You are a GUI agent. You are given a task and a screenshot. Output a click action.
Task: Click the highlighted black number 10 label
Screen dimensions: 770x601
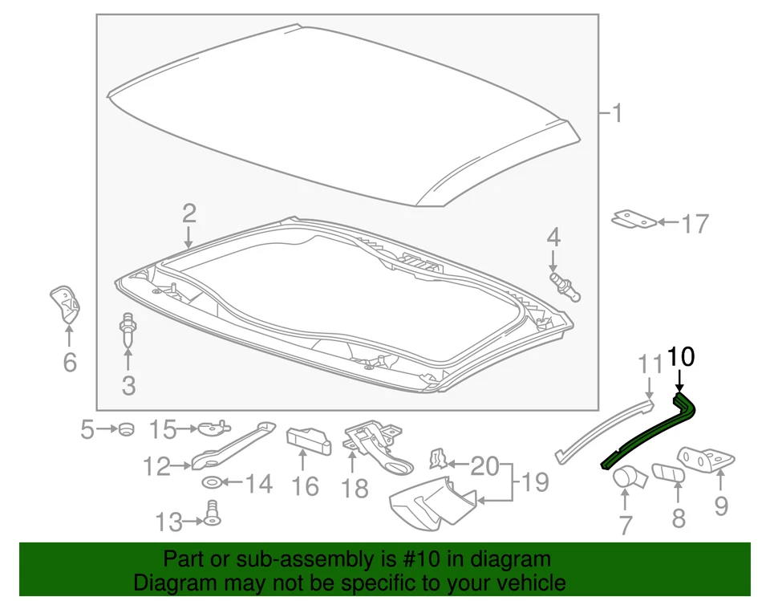681,357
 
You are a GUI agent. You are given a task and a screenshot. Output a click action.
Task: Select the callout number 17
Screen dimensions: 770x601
695,224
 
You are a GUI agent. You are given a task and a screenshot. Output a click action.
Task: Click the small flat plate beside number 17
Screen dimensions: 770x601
634,219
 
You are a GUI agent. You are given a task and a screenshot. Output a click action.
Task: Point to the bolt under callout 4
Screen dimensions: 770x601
565,287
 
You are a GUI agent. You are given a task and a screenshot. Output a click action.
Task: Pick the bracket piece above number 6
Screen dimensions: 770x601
66,303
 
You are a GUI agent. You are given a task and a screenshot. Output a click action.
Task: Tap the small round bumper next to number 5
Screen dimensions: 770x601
127,429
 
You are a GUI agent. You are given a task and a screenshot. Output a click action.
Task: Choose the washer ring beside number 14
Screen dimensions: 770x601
212,482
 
